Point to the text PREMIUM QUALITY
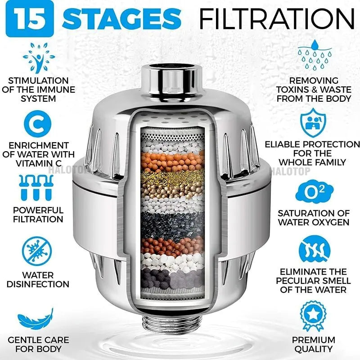(x=314, y=344)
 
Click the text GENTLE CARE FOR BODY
(x=38, y=344)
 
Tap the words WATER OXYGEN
(x=314, y=222)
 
